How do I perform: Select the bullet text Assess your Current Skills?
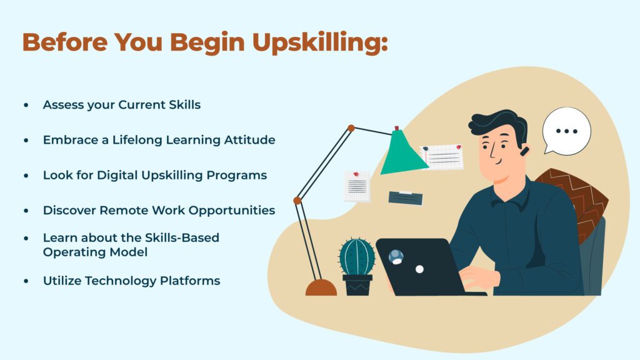(x=122, y=105)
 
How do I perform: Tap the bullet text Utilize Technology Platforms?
(x=131, y=281)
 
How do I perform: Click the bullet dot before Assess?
(x=26, y=106)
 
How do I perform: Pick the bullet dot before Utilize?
(x=26, y=282)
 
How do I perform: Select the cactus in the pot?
(x=357, y=257)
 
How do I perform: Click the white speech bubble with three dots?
(x=566, y=131)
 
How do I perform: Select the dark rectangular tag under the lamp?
(x=405, y=197)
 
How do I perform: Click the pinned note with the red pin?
(x=357, y=186)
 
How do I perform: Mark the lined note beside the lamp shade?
(x=443, y=157)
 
